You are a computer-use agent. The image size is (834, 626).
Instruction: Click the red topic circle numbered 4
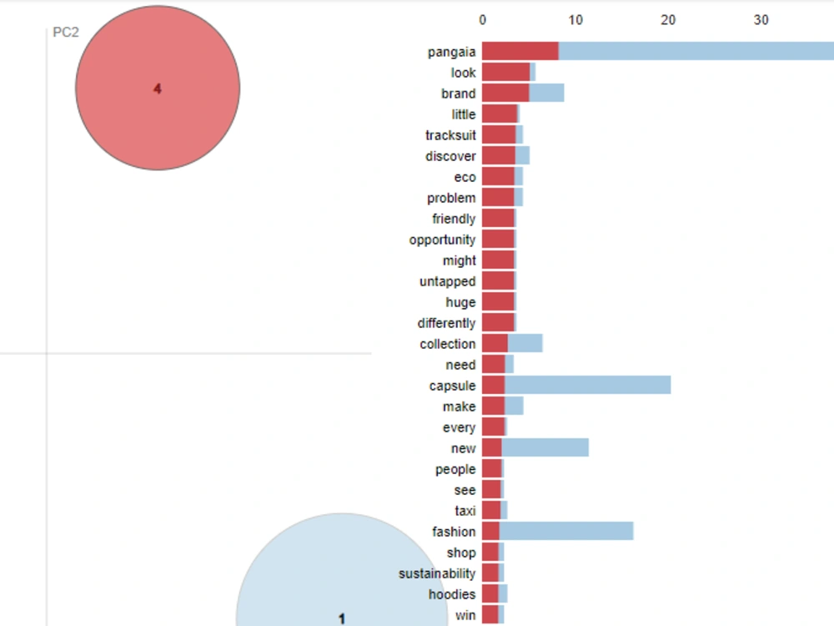coord(158,88)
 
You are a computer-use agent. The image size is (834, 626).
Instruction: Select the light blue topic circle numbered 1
coord(341,575)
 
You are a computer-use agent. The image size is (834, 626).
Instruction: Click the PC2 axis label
coord(66,33)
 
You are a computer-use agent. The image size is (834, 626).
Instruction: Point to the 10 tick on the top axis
coord(575,20)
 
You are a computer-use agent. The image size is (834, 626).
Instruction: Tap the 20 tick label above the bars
coord(668,20)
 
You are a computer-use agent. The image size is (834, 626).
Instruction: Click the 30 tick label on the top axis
coord(761,20)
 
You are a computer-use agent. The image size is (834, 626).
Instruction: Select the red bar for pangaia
coord(520,51)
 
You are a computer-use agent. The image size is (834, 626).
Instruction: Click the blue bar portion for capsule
coord(588,385)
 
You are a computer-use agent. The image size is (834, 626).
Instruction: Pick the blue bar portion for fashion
coord(566,531)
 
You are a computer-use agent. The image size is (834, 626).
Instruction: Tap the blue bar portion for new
coord(545,447)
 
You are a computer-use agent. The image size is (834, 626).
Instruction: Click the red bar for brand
coord(506,93)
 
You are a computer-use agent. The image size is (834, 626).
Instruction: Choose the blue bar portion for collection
coord(525,343)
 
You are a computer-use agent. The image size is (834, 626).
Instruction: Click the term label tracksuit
coord(450,135)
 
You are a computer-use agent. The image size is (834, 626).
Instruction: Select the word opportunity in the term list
coord(442,240)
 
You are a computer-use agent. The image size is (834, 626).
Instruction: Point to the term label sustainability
coord(437,573)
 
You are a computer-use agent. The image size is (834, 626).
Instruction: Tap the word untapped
coord(447,281)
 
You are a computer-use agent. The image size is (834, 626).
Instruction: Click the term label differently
coord(446,323)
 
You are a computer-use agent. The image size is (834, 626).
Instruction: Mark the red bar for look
coord(506,72)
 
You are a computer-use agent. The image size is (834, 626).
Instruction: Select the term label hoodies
coord(452,594)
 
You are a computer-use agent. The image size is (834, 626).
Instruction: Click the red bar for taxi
coord(491,511)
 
